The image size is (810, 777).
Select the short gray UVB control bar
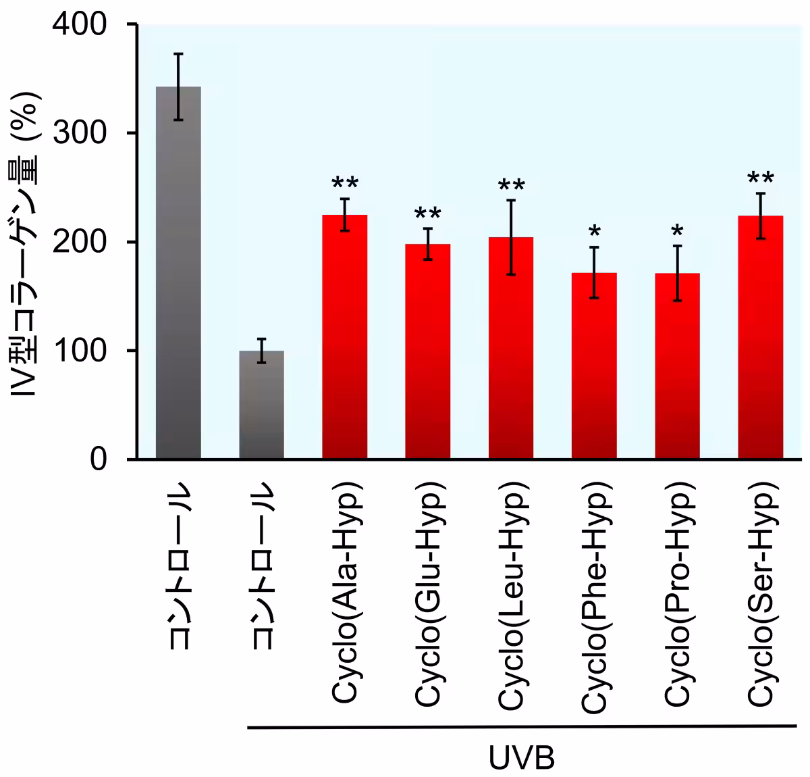pos(262,405)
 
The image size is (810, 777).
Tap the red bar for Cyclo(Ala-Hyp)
pos(345,338)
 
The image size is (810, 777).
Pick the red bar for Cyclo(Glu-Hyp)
pos(428,351)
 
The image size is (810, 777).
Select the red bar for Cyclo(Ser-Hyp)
pos(761,338)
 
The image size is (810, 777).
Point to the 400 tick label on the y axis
pos(80,25)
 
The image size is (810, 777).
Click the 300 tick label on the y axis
pos(80,133)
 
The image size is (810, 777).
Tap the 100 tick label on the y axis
pos(80,351)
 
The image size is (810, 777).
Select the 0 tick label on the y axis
pos(99,459)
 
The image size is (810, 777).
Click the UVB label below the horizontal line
pos(522,758)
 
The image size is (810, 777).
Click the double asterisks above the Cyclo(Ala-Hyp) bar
pos(345,184)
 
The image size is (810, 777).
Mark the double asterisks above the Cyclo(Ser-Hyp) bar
pos(761,179)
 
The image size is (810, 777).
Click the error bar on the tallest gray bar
pos(178,86)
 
